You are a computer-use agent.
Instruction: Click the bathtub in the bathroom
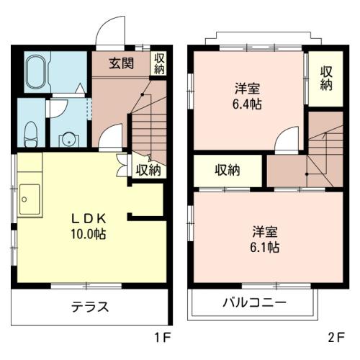click(36, 72)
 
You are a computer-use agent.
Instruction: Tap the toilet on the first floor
click(31, 135)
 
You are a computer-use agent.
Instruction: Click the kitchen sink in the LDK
click(30, 199)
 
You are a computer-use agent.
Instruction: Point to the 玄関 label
click(122, 63)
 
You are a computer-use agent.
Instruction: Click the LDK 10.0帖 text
click(89, 226)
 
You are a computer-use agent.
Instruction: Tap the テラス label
click(90, 307)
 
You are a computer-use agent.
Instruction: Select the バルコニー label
click(255, 302)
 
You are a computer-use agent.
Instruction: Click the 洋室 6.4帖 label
click(247, 96)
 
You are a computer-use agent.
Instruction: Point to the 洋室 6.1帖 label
click(265, 239)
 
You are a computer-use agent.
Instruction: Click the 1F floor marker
click(163, 338)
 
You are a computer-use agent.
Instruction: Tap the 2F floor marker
click(336, 338)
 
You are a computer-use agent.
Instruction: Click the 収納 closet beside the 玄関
click(159, 63)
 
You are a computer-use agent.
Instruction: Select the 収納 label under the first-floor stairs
click(148, 170)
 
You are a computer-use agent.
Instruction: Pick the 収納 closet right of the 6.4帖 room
click(326, 78)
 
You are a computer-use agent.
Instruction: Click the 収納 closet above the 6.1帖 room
click(227, 170)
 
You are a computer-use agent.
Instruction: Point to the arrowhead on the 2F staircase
click(325, 135)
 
